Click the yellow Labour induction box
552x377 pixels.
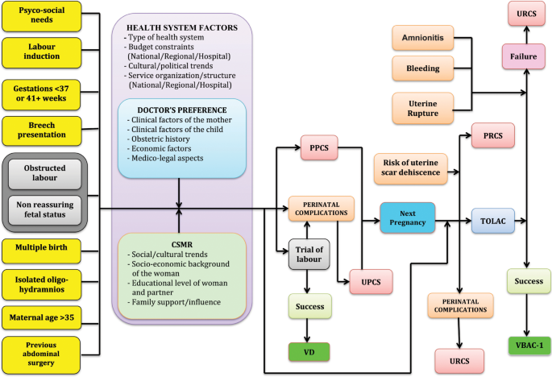point(42,52)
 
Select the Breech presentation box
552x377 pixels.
point(42,130)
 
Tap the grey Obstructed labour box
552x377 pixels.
point(44,173)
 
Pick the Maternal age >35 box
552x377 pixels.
point(41,318)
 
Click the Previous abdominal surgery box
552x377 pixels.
point(41,354)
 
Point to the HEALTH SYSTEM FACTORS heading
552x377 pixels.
point(182,28)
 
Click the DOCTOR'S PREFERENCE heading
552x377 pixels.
point(182,110)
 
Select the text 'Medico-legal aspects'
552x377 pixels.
point(168,159)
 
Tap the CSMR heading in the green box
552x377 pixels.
point(182,245)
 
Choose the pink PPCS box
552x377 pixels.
point(319,148)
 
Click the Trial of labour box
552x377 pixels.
point(309,254)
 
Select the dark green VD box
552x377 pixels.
point(309,352)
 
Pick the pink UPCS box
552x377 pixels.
point(371,282)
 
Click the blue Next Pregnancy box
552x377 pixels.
point(407,217)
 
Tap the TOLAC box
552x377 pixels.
point(493,221)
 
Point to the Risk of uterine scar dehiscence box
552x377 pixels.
point(410,168)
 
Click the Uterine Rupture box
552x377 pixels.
point(423,109)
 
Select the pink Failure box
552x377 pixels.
point(524,56)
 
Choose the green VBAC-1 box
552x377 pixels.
point(529,346)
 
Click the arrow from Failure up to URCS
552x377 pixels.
point(527,35)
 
